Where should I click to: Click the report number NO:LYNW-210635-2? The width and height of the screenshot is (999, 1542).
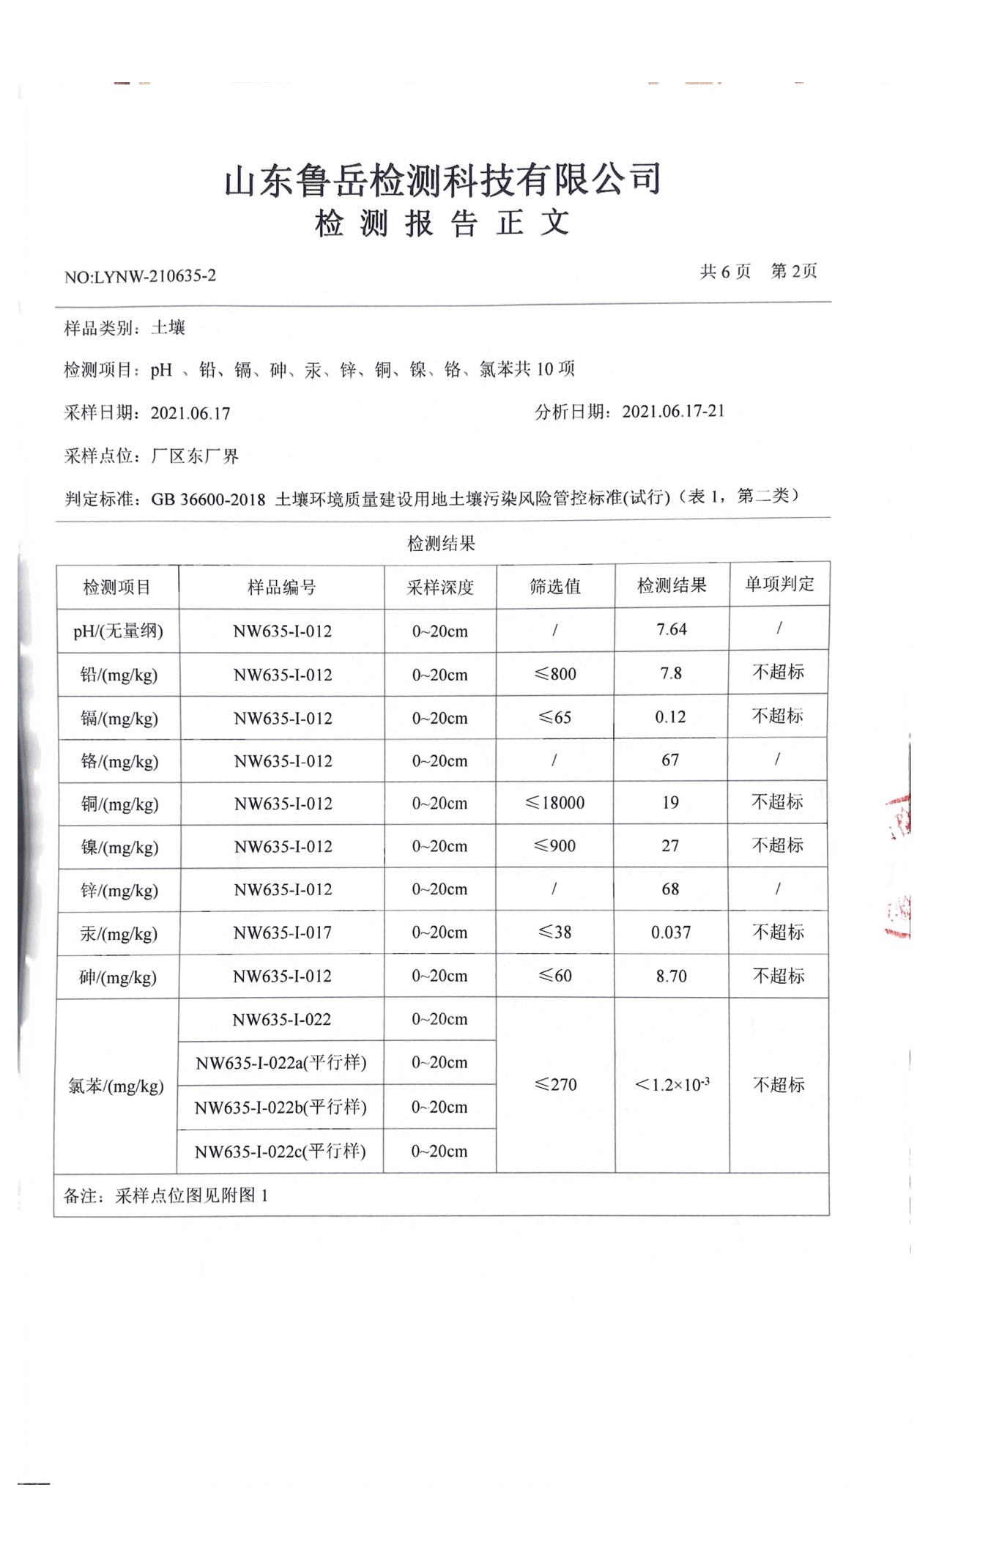[140, 276]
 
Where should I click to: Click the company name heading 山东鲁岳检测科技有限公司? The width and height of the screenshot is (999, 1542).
[442, 179]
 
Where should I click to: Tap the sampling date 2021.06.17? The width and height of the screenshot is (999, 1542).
[190, 414]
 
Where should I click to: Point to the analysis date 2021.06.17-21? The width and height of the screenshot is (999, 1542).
[673, 411]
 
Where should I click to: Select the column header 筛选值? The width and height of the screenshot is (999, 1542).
[555, 586]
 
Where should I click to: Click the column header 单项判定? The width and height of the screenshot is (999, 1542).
[779, 584]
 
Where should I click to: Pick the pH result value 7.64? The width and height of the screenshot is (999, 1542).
[672, 629]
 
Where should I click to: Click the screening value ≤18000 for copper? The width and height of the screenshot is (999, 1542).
[555, 803]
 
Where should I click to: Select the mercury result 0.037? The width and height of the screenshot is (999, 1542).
[671, 933]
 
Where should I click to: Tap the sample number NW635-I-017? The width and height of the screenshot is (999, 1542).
[282, 933]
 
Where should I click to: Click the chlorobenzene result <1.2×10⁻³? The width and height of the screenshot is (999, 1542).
[672, 1084]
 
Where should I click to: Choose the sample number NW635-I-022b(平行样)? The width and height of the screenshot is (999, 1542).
[281, 1107]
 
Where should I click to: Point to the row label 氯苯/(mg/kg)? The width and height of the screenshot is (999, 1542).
[116, 1086]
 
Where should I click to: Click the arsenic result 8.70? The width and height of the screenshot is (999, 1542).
[672, 976]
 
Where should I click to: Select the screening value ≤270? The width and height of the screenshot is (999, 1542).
[555, 1084]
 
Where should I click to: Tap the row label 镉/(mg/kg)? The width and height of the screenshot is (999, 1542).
[119, 719]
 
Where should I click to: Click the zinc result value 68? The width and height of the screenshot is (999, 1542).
[670, 889]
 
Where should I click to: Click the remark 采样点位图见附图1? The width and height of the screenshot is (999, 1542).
[192, 1196]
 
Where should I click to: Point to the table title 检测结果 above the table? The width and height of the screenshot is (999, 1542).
[442, 544]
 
